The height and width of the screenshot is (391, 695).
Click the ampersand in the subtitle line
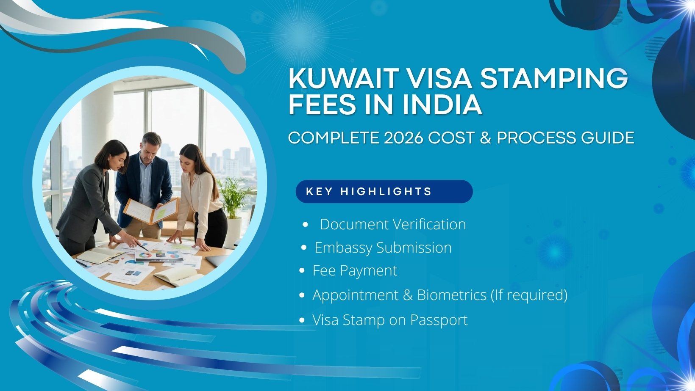[x=485, y=138]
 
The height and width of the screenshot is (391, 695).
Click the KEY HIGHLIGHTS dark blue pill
[x=384, y=192]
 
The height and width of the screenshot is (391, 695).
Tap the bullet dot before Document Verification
[x=306, y=225]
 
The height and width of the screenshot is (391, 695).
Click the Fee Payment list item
[x=355, y=271]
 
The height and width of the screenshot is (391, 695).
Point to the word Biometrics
[x=452, y=295]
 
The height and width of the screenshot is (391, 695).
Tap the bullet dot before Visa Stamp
[x=302, y=320]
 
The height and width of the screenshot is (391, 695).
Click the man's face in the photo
[x=150, y=148]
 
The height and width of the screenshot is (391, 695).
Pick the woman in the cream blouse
[x=199, y=190]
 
